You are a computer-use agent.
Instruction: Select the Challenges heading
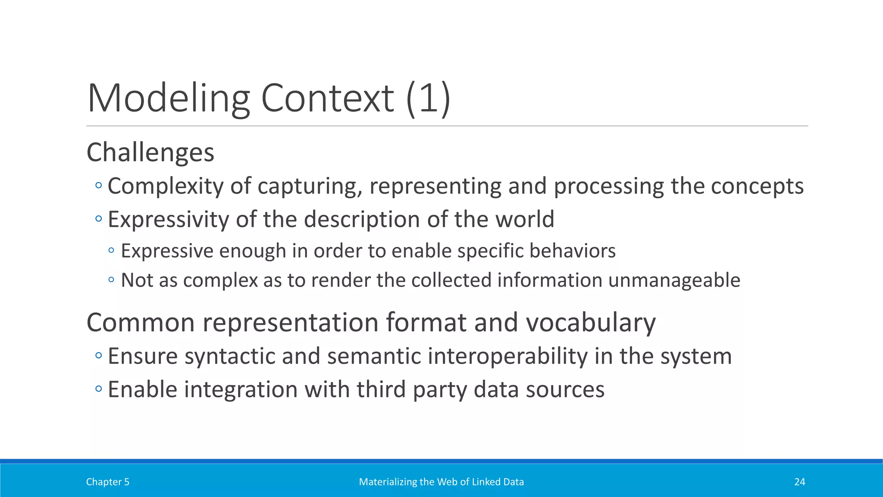tap(150, 152)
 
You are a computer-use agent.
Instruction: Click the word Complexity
tap(165, 186)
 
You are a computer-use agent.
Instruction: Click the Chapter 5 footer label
tap(107, 482)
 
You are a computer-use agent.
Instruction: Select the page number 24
tap(799, 482)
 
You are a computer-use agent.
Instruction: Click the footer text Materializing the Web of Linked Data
tap(441, 482)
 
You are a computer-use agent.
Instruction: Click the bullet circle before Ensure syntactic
tap(99, 356)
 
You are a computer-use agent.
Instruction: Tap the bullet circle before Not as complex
tap(111, 280)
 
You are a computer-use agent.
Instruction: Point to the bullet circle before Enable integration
tap(99, 389)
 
